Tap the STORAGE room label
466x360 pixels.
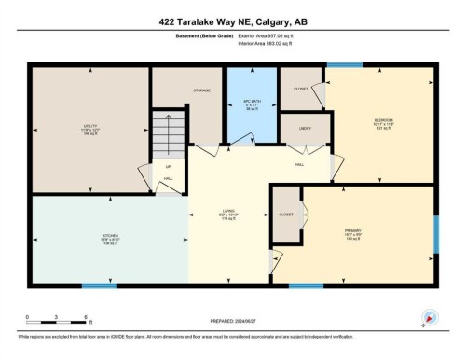pos(202,90)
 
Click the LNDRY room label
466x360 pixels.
pos(305,128)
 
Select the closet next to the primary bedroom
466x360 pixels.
pos(285,213)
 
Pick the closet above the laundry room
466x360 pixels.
pos(301,90)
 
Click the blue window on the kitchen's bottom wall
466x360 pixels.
pos(100,285)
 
